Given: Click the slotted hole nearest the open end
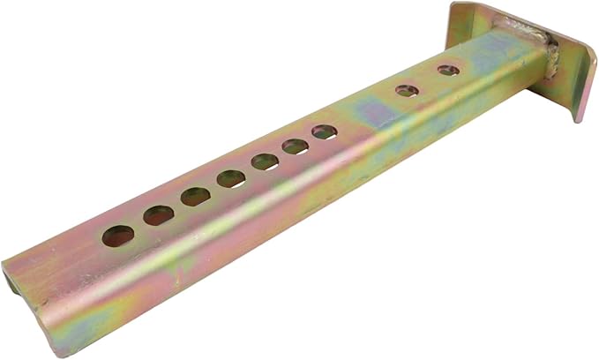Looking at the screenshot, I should click(x=117, y=236).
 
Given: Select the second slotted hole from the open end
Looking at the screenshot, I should click(x=159, y=214).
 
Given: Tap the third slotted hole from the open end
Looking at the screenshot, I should click(x=196, y=196).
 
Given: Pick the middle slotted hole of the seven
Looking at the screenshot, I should click(x=231, y=178).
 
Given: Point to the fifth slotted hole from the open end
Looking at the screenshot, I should click(x=265, y=161).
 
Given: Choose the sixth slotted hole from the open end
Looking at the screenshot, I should click(x=296, y=146).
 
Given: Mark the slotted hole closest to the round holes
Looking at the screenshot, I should click(x=324, y=132).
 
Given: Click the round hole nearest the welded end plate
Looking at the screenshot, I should click(x=448, y=69).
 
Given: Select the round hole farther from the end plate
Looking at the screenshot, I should click(x=406, y=90).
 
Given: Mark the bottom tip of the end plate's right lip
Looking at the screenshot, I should click(x=578, y=116).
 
